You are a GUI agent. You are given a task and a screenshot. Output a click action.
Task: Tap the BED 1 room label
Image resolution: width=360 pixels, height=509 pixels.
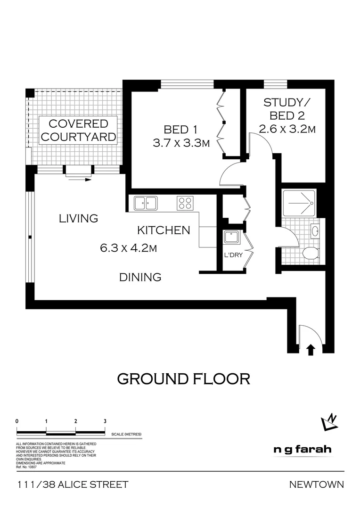click(x=180, y=129)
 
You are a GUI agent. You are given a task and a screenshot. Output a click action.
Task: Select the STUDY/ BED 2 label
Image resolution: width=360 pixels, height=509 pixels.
click(x=287, y=115)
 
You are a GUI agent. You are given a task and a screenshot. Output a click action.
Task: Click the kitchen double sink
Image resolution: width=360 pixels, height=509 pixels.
click(x=146, y=203)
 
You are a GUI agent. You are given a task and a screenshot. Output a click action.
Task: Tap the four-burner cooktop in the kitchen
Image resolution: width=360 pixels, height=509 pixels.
click(x=185, y=203)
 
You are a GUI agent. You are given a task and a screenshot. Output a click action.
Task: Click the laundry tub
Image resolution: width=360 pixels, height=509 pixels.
click(x=231, y=237)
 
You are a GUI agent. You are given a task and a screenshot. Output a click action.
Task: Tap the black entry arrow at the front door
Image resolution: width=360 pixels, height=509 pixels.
click(x=311, y=349)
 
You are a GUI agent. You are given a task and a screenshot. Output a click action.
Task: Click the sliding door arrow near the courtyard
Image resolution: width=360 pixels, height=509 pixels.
click(x=80, y=180)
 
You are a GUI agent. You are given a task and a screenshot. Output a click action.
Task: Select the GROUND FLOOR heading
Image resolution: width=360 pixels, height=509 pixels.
click(x=183, y=378)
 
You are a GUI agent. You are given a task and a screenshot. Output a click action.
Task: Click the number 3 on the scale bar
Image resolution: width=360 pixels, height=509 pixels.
click(x=105, y=421)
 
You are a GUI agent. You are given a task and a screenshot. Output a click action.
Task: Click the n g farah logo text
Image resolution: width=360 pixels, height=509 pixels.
click(x=302, y=450)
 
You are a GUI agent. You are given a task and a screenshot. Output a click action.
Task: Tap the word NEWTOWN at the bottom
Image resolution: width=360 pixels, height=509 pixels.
click(x=316, y=484)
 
